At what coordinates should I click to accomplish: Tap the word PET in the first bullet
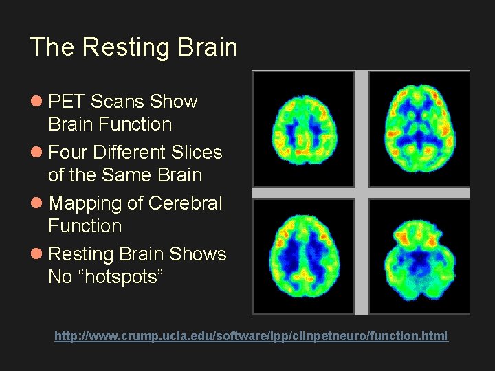point(67,102)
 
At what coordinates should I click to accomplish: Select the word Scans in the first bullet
point(118,102)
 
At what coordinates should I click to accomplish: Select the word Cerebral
point(186,204)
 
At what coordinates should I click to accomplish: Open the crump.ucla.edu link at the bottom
point(251,336)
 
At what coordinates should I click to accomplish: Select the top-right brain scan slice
point(419,128)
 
